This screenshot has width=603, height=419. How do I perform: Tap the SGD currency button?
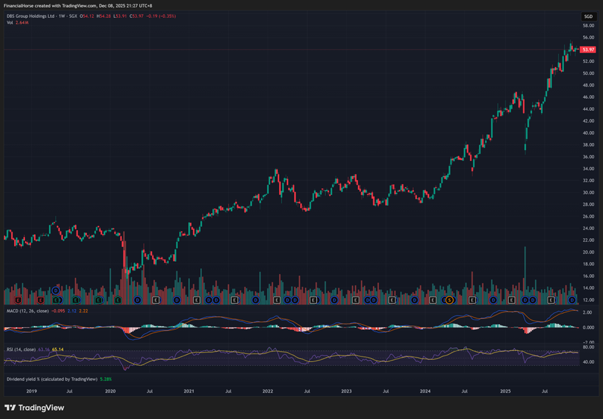tap(588, 16)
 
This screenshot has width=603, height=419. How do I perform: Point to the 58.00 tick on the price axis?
tap(588, 26)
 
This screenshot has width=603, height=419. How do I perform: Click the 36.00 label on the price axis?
tap(588, 157)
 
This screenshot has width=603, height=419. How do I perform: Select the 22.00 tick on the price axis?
tap(588, 240)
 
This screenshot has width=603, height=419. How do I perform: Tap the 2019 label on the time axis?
tap(31, 390)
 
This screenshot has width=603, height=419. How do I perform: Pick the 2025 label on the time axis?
tap(505, 390)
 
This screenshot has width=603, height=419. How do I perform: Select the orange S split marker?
tap(450, 300)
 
